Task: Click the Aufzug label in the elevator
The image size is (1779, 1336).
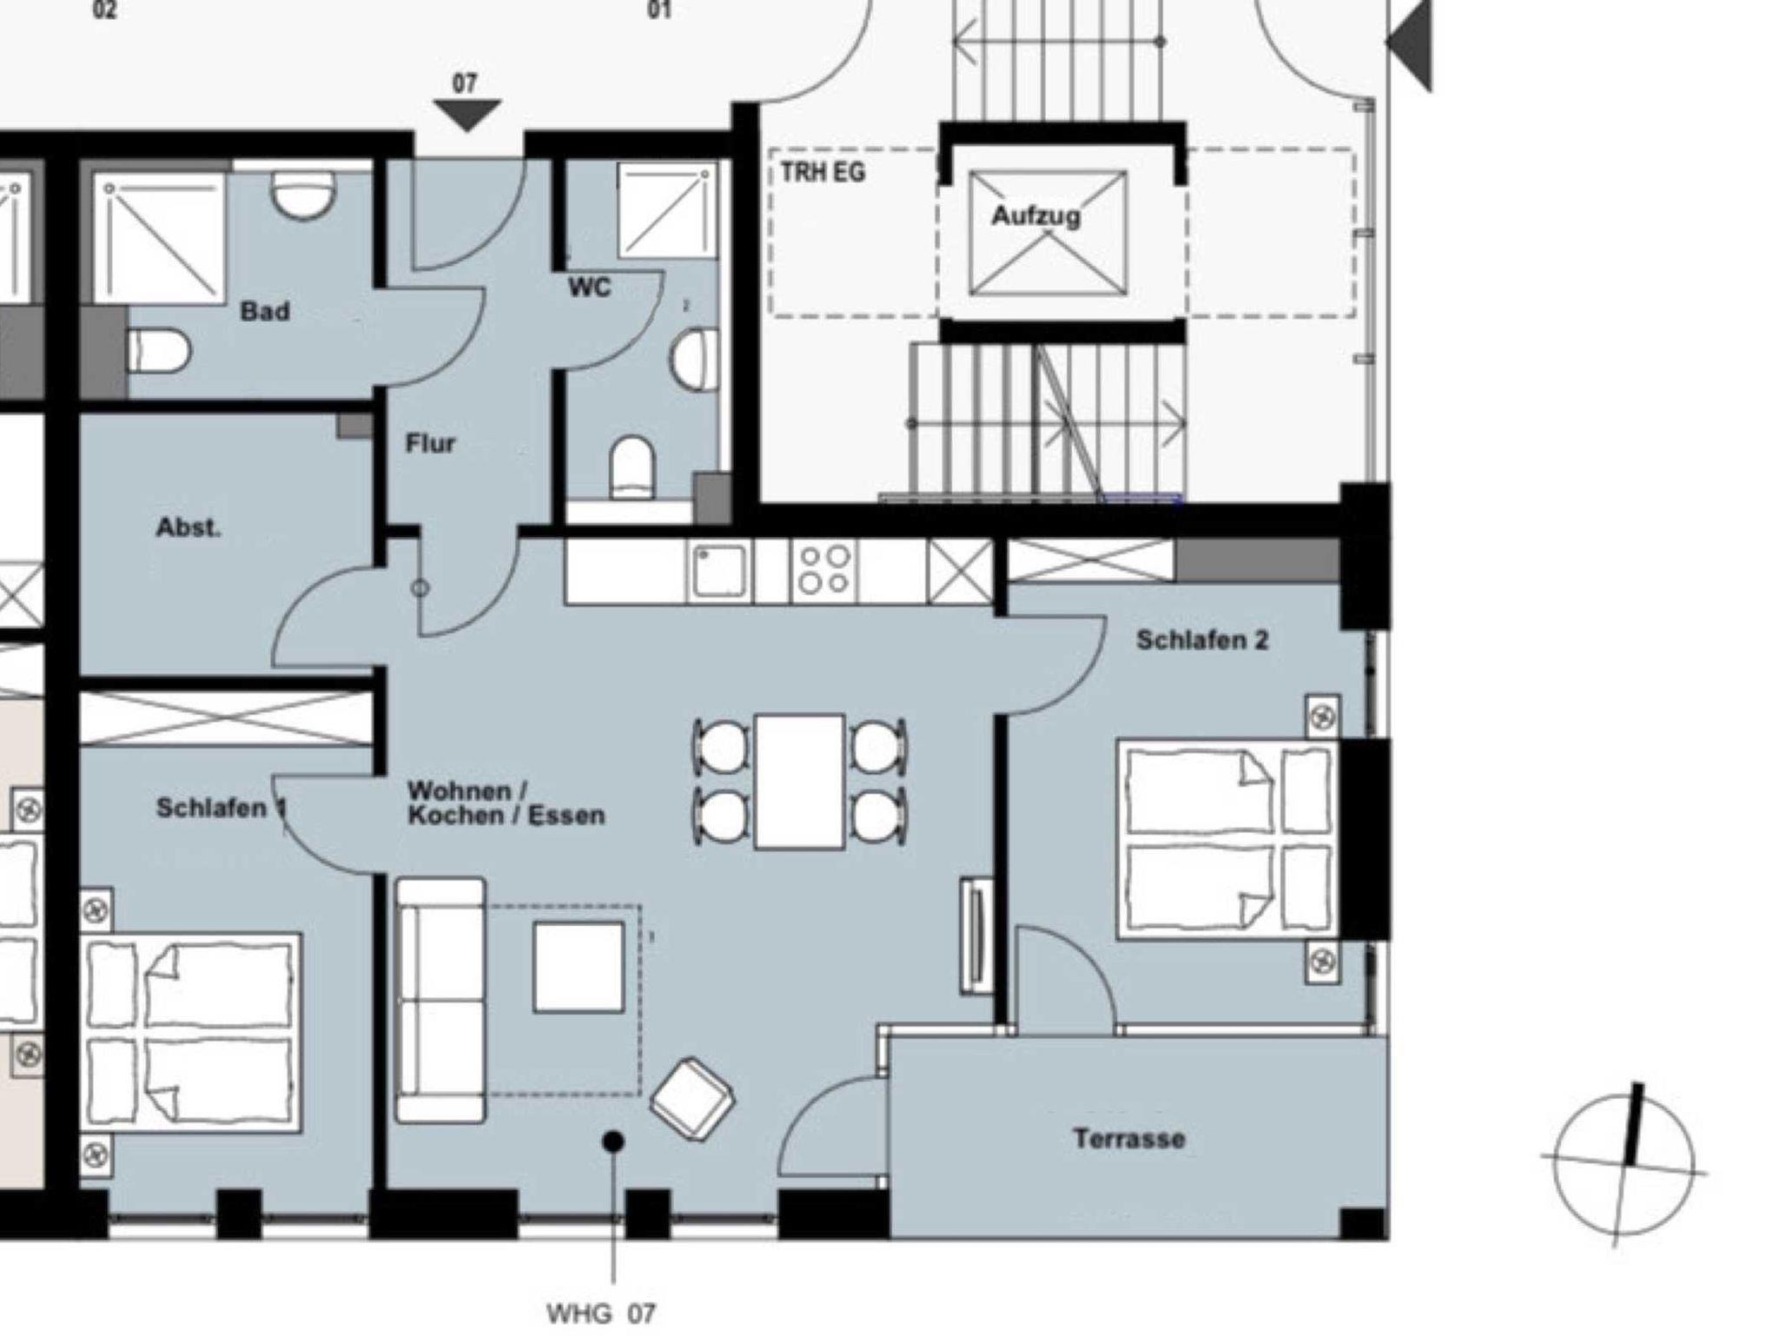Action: click(1036, 215)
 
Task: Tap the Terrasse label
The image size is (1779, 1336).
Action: click(1128, 1138)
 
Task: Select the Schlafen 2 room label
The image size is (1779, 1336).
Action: click(1202, 640)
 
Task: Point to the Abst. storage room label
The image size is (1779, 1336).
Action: click(188, 527)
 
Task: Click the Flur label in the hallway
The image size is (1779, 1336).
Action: click(430, 444)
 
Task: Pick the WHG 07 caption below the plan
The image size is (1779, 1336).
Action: click(601, 1313)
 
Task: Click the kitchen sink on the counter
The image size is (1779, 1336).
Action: click(719, 570)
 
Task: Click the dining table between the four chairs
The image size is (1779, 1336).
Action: click(800, 781)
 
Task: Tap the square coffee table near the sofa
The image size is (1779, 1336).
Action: click(579, 967)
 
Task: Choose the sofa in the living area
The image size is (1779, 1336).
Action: click(440, 1000)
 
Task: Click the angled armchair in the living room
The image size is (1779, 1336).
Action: click(692, 1096)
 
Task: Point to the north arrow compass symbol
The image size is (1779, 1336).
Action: click(1623, 1165)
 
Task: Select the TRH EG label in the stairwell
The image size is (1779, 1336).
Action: click(822, 172)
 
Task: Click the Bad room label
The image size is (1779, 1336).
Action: click(265, 311)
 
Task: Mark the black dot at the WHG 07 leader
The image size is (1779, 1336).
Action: click(613, 1141)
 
